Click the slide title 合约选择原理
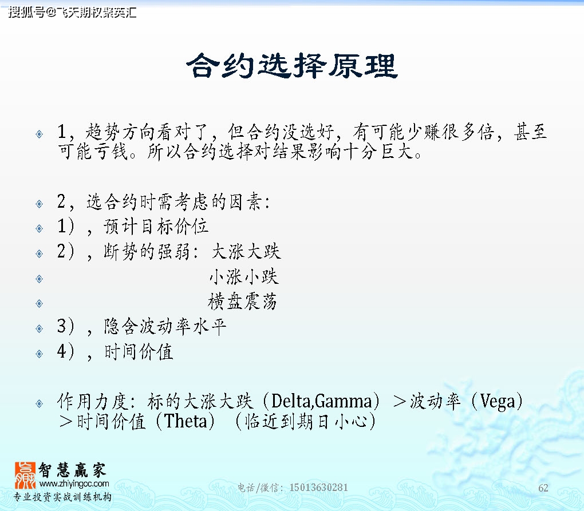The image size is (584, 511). click(292, 65)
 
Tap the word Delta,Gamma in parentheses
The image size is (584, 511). click(321, 401)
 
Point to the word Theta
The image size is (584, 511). click(186, 421)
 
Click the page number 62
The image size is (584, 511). click(543, 488)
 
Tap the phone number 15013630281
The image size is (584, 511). click(318, 488)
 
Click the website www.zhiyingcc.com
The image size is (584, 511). click(74, 484)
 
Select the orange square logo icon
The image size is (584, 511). click(25, 476)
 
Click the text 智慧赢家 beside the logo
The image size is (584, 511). click(73, 470)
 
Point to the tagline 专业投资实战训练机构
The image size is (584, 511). click(62, 497)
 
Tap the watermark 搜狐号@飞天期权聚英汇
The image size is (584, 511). click(72, 12)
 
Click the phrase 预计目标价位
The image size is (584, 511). click(156, 226)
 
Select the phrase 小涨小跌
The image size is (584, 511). click(243, 276)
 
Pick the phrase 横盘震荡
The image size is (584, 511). click(242, 302)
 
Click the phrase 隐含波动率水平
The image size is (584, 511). click(165, 326)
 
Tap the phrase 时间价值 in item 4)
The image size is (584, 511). click(139, 352)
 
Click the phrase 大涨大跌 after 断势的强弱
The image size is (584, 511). click(246, 251)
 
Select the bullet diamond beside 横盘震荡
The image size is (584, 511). click(39, 304)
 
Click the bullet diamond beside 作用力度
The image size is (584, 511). click(39, 403)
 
